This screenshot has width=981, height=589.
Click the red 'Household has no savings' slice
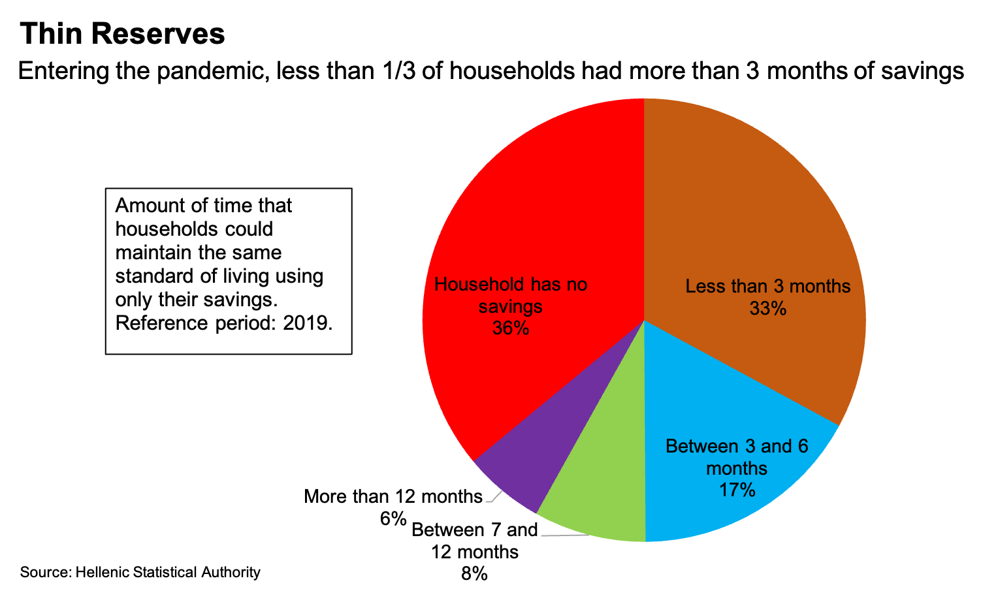coord(523,215)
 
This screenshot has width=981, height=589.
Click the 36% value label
coord(511,328)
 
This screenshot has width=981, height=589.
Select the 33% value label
coord(768,308)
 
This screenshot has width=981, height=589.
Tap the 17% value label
coord(737,490)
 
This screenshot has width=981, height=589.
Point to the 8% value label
coord(475,574)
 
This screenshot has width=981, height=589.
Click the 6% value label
coord(393,519)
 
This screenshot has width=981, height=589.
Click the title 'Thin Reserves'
coord(123,34)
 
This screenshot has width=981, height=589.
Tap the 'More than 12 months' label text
coord(393,496)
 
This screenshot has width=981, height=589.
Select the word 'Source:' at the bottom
coord(45,573)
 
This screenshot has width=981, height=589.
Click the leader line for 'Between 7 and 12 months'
coord(565,536)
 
